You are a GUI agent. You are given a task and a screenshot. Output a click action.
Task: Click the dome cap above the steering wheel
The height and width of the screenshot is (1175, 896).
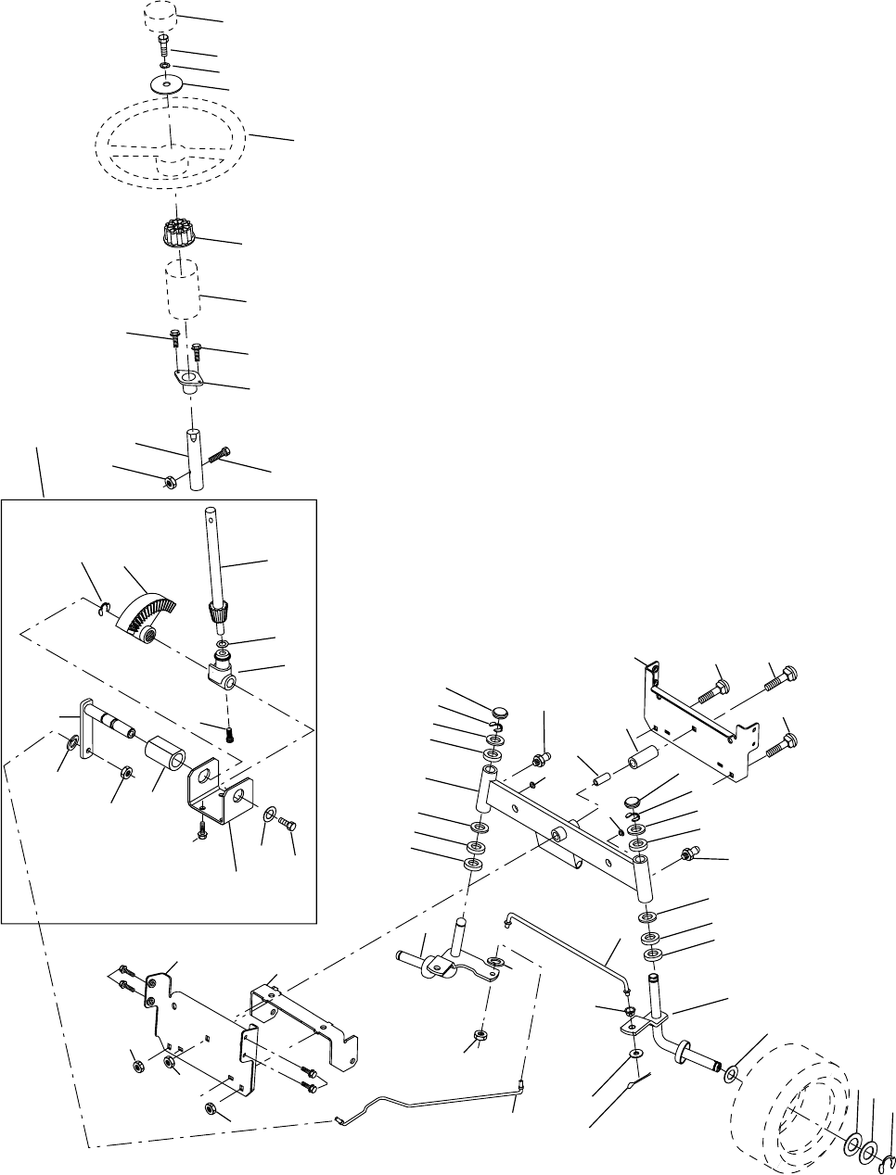click(x=160, y=18)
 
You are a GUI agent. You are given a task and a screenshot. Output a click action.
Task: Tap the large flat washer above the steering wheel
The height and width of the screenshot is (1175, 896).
click(x=166, y=84)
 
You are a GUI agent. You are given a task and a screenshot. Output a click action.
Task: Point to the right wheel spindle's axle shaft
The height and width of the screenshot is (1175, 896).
click(x=705, y=1056)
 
